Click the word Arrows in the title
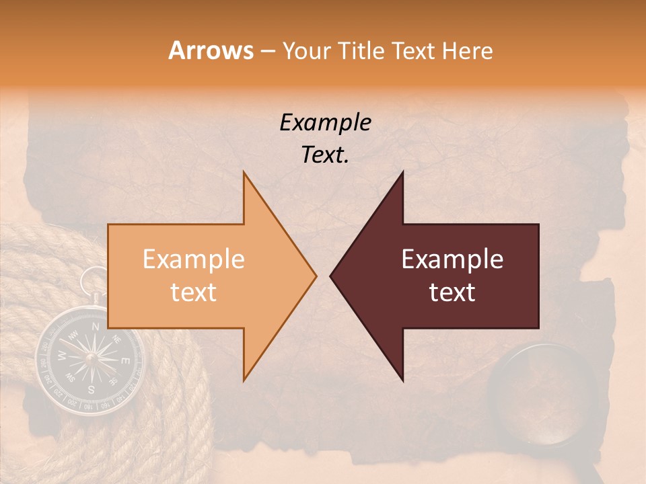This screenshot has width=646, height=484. tap(211, 50)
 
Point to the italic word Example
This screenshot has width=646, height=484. tap(325, 123)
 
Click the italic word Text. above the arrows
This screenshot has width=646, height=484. tap(325, 155)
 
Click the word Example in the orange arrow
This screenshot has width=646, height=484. tap(193, 259)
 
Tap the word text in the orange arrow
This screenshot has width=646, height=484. tap(193, 292)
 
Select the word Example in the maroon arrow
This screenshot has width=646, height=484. tap(452, 259)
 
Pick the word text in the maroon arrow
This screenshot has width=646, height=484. tap(452, 292)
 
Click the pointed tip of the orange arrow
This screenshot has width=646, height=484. tap(315, 276)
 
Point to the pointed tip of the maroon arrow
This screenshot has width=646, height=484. tap(331, 276)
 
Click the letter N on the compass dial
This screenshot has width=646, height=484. tap(95, 327)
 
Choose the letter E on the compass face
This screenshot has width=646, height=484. tap(124, 362)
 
